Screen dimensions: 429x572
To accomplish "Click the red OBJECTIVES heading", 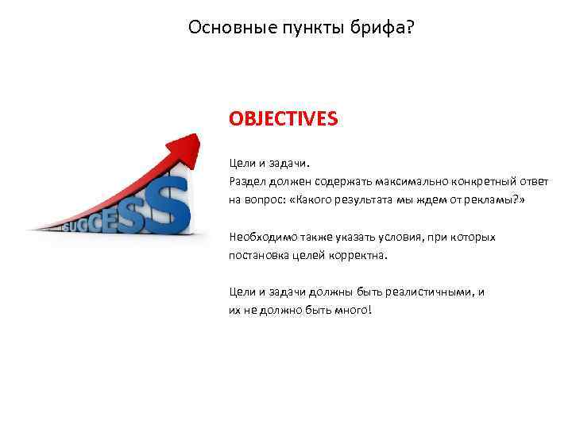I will click(x=283, y=118).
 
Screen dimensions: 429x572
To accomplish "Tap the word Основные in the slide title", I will click(x=224, y=28).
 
